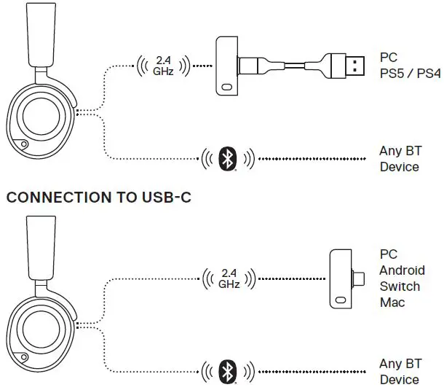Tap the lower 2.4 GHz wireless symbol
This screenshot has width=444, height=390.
pos(229,278)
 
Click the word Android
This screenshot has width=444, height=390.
pos(400,270)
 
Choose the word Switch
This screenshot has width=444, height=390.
pos(399,286)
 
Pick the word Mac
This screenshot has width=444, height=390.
pos(389,301)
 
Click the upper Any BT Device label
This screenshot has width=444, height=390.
pos(400,159)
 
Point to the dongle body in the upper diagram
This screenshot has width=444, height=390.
pos(227,67)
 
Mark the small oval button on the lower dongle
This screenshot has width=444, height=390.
pos(340,300)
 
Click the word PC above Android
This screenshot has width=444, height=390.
pos(388,255)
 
